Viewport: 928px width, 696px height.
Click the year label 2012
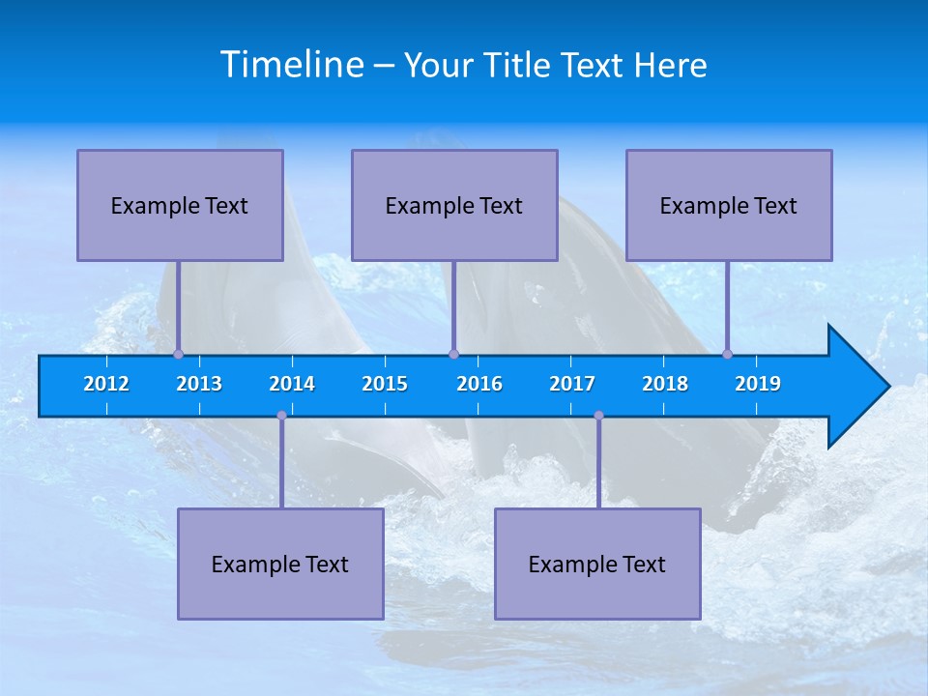click(x=106, y=384)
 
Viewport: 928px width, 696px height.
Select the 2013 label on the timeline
click(x=199, y=384)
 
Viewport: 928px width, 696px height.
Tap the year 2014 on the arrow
click(x=292, y=384)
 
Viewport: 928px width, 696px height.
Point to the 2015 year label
click(x=385, y=384)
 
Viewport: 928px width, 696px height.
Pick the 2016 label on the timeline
click(x=479, y=384)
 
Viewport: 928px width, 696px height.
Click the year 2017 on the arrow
click(x=572, y=384)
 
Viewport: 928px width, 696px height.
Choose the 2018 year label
click(x=665, y=384)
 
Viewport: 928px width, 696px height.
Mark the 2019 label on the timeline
click(x=758, y=384)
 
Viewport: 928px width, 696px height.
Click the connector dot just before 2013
click(x=178, y=355)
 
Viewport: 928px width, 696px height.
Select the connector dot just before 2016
click(x=453, y=355)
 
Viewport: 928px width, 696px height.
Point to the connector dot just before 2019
click(x=727, y=355)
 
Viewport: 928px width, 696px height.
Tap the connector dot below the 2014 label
click(x=281, y=416)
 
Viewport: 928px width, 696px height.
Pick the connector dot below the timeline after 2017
click(x=598, y=416)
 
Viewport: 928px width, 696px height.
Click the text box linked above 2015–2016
click(x=454, y=205)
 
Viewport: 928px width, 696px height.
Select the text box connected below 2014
click(x=280, y=564)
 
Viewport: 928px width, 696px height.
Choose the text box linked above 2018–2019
click(x=729, y=205)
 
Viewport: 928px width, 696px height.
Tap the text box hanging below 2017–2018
click(x=597, y=564)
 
